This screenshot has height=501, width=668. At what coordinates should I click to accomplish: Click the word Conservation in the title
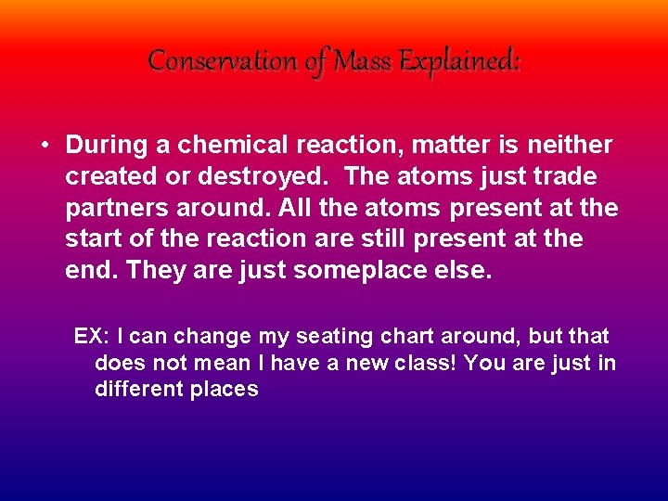[220, 61]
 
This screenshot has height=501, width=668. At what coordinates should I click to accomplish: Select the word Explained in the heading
[458, 61]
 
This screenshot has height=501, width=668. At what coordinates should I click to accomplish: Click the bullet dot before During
[44, 147]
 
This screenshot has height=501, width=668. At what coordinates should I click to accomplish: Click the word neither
[571, 146]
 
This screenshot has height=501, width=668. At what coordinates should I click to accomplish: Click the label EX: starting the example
[92, 336]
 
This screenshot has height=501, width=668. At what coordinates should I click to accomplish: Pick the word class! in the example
[423, 363]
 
